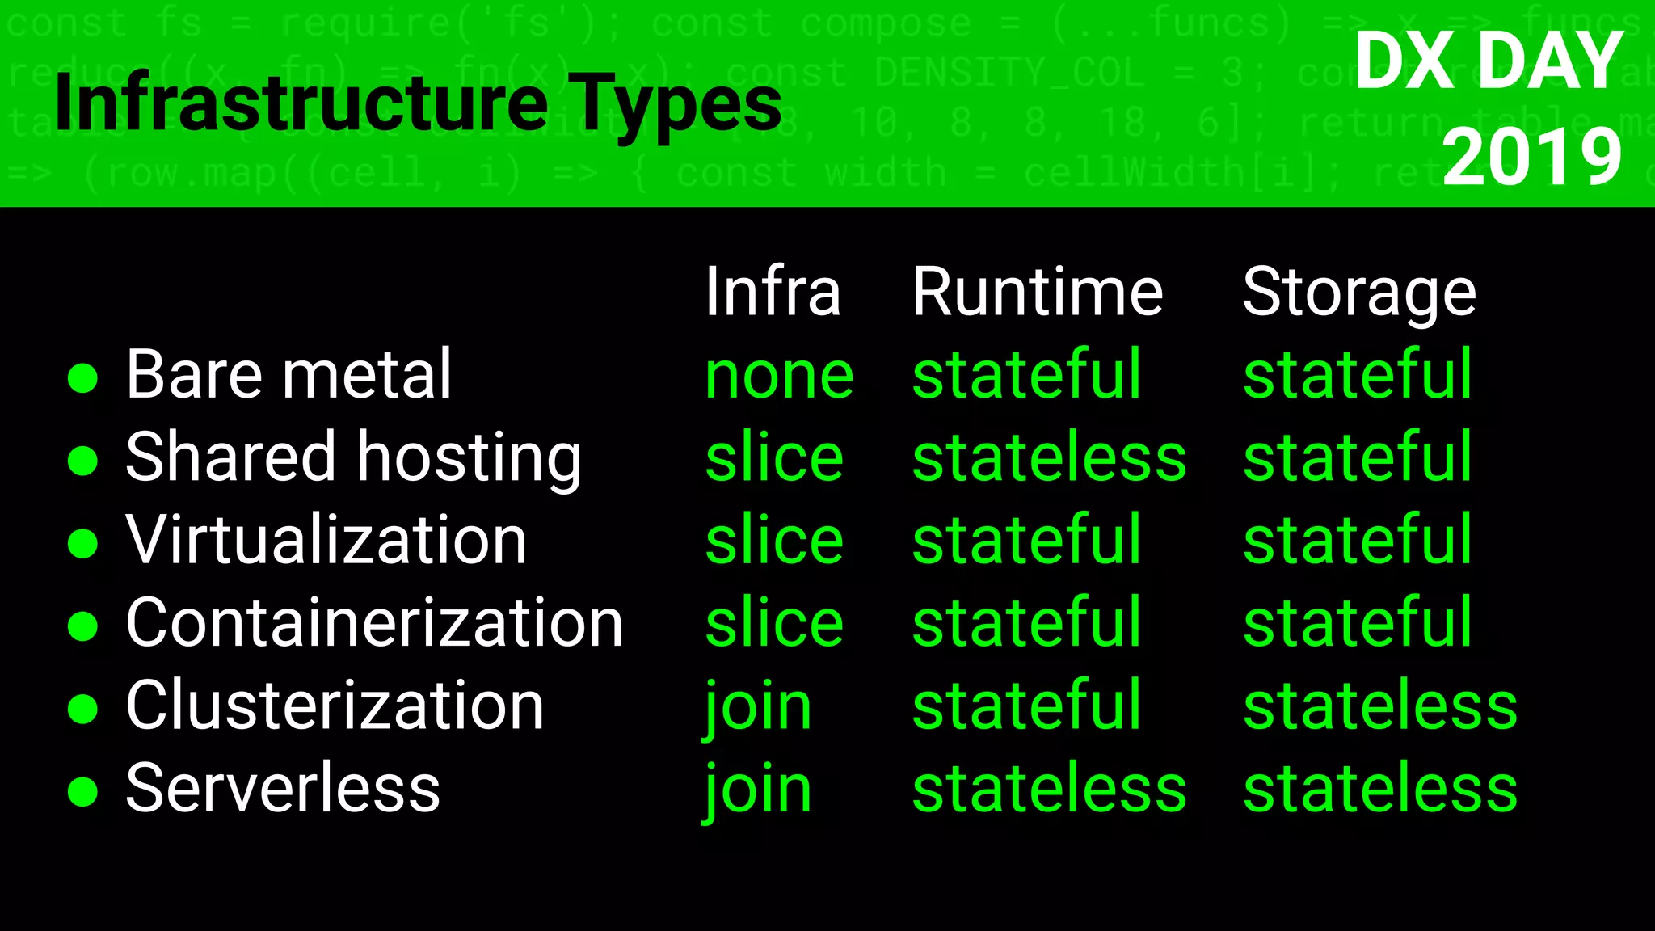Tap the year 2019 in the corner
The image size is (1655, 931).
[x=1531, y=157]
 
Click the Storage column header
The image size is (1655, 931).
[x=1359, y=293]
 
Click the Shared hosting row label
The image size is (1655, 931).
[x=353, y=457]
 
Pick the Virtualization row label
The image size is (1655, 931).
[x=326, y=540]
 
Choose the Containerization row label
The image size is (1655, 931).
[x=374, y=622]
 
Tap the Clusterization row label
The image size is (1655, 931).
[x=335, y=706]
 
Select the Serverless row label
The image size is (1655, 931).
[x=283, y=788]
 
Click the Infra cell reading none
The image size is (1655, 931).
[x=779, y=377]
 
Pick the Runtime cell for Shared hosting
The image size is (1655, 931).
[x=1049, y=457]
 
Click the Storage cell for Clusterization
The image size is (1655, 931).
[x=1380, y=706]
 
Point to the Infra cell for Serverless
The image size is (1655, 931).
[x=758, y=790]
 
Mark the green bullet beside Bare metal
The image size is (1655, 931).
[x=82, y=377]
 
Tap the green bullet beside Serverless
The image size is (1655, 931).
[x=82, y=791]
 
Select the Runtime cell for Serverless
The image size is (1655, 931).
[x=1049, y=788]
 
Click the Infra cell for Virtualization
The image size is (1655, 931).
[x=774, y=540]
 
